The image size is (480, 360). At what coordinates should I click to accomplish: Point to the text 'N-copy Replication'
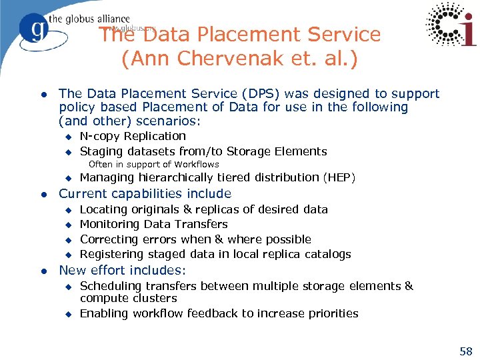pyautogui.click(x=133, y=136)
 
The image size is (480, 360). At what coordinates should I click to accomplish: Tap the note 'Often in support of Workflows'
pyautogui.click(x=153, y=164)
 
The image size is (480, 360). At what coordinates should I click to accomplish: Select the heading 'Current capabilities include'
pyautogui.click(x=145, y=194)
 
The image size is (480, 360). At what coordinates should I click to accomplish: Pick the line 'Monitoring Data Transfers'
pyautogui.click(x=153, y=225)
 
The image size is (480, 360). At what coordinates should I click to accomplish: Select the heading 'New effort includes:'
pyautogui.click(x=123, y=271)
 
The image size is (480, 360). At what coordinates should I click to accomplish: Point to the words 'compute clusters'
pyautogui.click(x=128, y=299)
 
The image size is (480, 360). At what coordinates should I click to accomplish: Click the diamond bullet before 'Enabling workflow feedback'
pyautogui.click(x=67, y=314)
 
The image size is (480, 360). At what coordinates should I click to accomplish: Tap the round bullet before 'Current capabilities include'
pyautogui.click(x=42, y=195)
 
